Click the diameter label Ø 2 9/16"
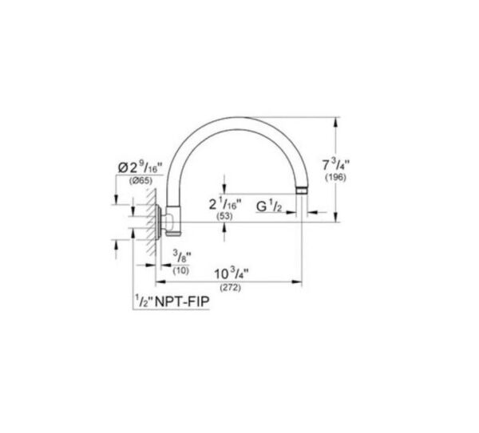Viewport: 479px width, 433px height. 141,167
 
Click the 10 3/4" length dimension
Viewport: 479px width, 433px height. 232,274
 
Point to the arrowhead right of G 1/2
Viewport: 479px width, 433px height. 311,212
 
